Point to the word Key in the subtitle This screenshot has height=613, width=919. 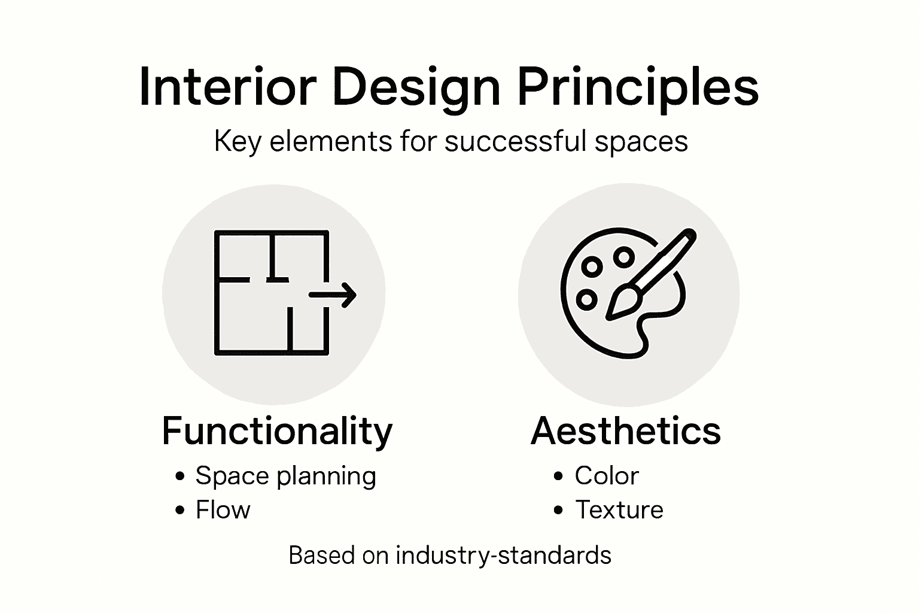point(238,142)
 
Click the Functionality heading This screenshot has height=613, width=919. point(277,431)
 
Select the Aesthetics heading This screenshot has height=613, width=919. point(625,430)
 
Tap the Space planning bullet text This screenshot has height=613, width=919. point(285,476)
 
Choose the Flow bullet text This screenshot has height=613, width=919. point(223,510)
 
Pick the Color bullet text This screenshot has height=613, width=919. point(606,476)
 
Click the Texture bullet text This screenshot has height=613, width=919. point(619,510)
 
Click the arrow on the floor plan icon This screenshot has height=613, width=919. point(335,294)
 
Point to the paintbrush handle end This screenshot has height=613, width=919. point(689,234)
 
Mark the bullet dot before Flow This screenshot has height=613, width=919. point(180,511)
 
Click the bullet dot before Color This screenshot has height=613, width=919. point(559,477)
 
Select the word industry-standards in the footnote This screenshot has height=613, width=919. point(503,556)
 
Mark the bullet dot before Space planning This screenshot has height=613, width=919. point(180,477)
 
